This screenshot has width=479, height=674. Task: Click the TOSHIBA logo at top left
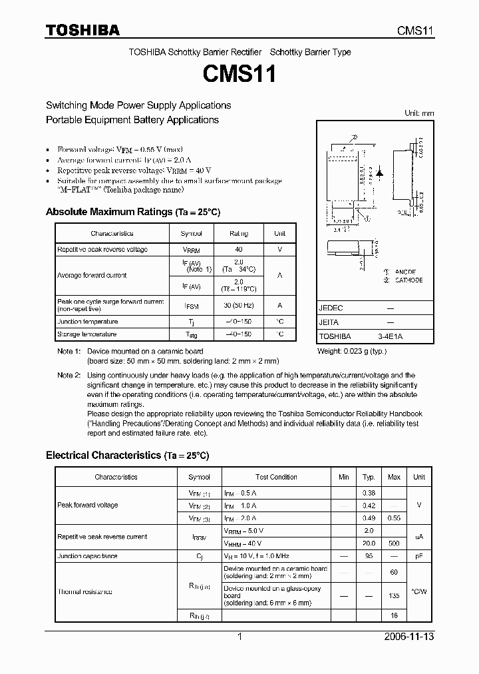[x=82, y=31]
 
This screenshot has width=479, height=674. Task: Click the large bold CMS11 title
[x=239, y=75]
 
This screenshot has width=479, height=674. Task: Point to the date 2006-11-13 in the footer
[x=408, y=637]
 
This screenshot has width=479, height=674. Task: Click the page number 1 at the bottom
[x=239, y=637]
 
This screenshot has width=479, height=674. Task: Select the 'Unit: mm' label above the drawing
[x=419, y=113]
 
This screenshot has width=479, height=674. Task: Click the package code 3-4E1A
[x=391, y=336]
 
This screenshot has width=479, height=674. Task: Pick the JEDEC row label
[x=331, y=308]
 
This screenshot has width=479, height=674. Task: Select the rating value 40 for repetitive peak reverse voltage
[x=238, y=249]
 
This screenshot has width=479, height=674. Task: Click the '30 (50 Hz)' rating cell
[x=238, y=305]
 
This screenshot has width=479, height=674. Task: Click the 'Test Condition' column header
[x=276, y=477]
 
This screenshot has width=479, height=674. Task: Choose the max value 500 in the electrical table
[x=394, y=543]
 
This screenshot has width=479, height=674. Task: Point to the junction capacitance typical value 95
[x=369, y=555]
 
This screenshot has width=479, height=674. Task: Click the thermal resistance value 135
[x=394, y=596]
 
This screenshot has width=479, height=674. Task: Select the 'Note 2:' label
[x=69, y=376]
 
